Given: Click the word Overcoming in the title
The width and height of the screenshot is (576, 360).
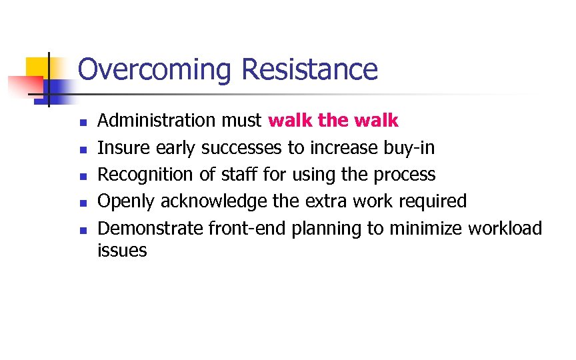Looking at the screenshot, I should coord(155,70).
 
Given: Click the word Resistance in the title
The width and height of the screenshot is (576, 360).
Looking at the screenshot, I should coord(309,69).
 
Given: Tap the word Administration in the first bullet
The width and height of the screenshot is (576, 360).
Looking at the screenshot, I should coord(153,121).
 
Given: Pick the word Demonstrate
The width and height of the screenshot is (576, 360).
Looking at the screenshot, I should coord(150,228).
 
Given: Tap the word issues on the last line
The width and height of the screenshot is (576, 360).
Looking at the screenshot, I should coord(122,251).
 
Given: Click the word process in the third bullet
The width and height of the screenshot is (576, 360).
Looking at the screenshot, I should coord(404,175).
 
